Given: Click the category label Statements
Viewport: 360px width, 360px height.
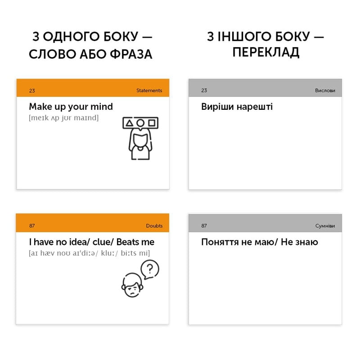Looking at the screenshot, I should [x=149, y=90].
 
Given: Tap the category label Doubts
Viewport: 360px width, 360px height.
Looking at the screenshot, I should [x=154, y=225].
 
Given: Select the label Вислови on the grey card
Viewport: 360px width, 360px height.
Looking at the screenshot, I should [x=325, y=90].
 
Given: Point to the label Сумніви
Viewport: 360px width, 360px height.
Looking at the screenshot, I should [x=325, y=225].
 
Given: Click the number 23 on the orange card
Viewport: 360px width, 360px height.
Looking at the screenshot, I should [x=32, y=90].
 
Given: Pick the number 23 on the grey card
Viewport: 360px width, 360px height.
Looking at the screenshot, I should [x=204, y=90].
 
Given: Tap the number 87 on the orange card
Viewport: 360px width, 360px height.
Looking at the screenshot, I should [x=32, y=225].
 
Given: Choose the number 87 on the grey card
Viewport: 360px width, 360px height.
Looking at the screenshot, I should [x=204, y=225].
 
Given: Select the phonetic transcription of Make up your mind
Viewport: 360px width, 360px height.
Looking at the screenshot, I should [x=63, y=118].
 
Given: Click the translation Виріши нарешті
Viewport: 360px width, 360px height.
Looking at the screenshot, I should [x=237, y=107].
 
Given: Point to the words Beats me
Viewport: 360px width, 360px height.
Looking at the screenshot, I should [x=135, y=242].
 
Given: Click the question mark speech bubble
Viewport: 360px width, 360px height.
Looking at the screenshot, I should [x=150, y=270].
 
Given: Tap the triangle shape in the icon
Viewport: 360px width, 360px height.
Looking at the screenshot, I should [x=130, y=122].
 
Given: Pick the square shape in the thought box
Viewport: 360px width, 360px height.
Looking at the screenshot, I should [x=152, y=122].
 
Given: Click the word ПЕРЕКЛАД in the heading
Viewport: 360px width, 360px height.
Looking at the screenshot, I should [x=265, y=53].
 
